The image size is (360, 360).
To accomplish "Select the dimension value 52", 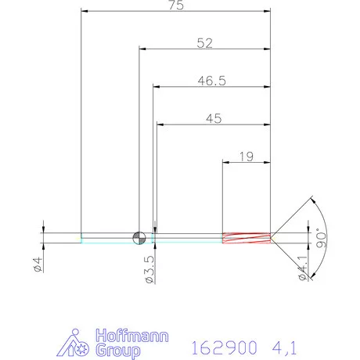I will click(205, 44).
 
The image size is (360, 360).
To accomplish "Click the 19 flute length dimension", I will click(246, 157).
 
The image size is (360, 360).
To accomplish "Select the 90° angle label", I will click(319, 238).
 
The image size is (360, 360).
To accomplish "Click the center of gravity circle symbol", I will click(139, 237).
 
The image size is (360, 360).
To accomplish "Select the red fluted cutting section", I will click(246, 237).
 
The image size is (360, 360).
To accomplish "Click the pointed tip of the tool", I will click(272, 237).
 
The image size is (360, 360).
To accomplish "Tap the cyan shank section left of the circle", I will click(107, 237).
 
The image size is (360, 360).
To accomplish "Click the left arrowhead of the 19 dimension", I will click(226, 163).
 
